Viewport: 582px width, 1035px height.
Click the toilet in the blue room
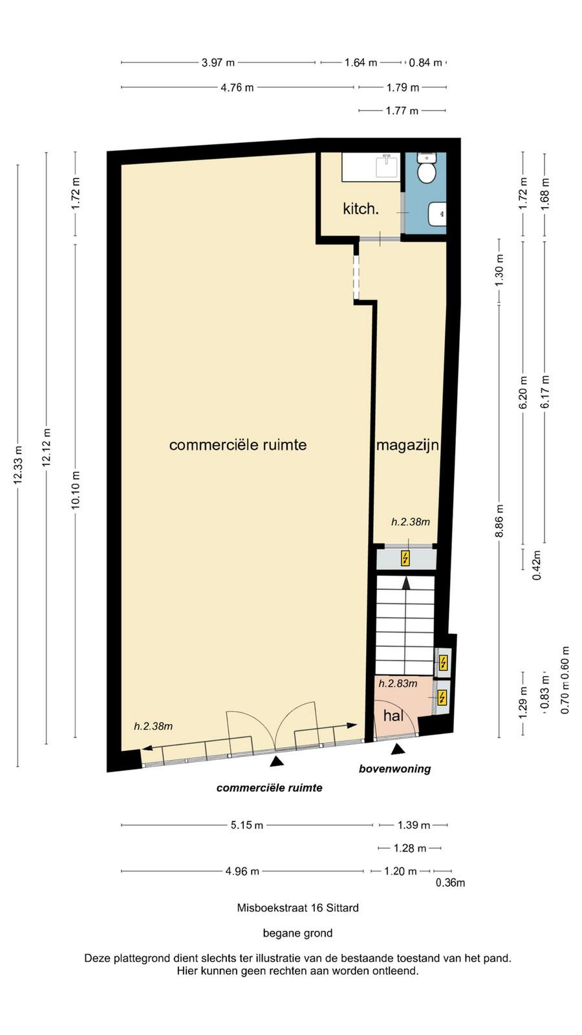(x=426, y=168)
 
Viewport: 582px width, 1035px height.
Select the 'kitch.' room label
(x=361, y=209)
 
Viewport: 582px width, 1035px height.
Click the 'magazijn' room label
(x=407, y=446)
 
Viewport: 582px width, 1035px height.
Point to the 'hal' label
(x=393, y=715)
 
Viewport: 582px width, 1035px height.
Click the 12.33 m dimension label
(x=18, y=465)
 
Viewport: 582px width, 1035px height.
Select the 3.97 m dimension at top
(x=218, y=62)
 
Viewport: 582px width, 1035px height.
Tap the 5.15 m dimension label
(x=247, y=825)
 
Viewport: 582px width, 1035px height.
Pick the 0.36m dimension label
(x=450, y=883)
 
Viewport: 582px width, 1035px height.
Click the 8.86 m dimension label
(x=499, y=521)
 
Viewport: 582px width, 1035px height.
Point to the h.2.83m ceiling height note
(x=398, y=683)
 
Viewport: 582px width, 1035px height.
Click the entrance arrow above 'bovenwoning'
(x=398, y=750)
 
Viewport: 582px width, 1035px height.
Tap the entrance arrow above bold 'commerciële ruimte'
(x=277, y=762)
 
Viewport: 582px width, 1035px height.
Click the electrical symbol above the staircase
(x=405, y=559)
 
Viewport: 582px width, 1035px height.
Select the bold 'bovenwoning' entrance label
(x=395, y=769)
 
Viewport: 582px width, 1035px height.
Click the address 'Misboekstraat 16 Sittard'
(x=298, y=908)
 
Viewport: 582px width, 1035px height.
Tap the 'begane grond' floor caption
(x=298, y=933)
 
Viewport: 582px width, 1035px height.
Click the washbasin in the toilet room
(x=437, y=214)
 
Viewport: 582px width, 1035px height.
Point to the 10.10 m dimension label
(x=76, y=490)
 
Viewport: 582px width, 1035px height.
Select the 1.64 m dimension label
(x=361, y=62)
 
